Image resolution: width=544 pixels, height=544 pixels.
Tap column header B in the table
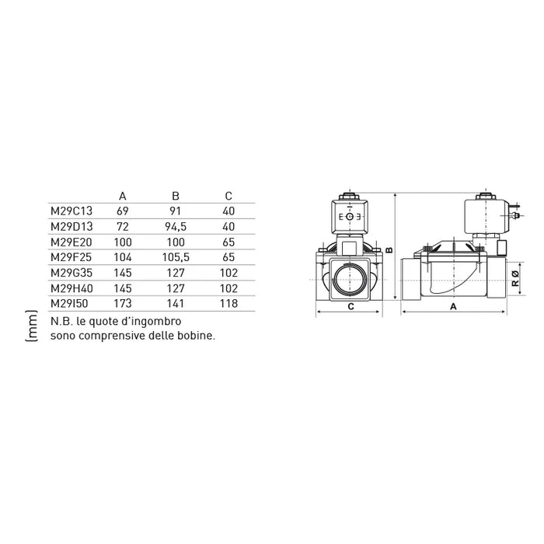pos(175,196)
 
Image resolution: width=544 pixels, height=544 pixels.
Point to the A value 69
pos(122,211)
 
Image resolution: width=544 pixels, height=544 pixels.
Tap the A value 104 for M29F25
pos(124,256)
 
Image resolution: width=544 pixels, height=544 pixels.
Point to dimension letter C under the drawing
pos(350,307)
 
